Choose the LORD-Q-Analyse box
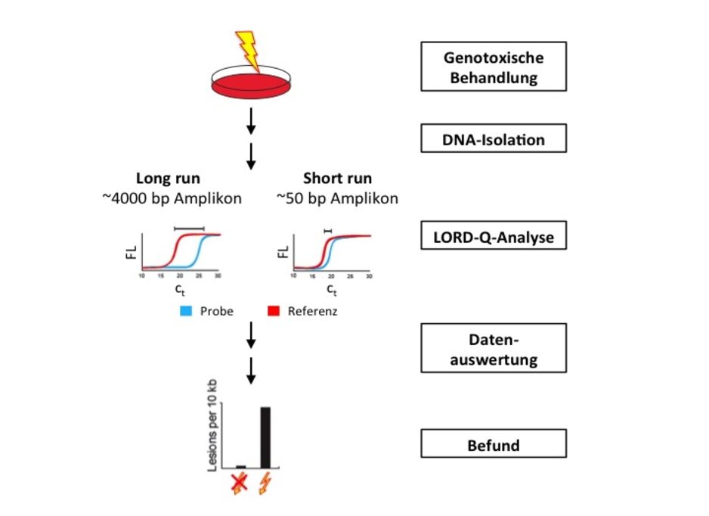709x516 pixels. (493, 238)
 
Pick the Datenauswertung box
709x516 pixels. (493, 348)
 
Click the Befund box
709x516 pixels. (493, 444)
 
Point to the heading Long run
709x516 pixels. (168, 179)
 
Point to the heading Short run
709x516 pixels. (337, 179)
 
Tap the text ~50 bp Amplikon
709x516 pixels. (337, 199)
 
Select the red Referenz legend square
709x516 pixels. (275, 311)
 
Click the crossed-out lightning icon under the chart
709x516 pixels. (239, 482)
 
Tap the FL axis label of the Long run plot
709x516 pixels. (131, 252)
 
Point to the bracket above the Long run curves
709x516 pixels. (189, 227)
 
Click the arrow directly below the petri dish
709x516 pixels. (252, 120)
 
